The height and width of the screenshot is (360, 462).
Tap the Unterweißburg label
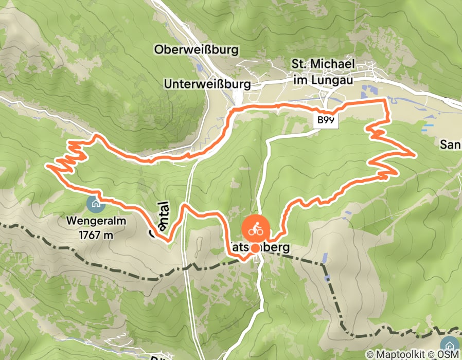207,83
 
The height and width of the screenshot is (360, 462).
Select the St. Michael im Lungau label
323,71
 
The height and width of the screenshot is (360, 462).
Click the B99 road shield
326,120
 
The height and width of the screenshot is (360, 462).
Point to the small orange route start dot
255,248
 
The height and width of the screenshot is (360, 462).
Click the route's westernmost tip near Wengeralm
47,166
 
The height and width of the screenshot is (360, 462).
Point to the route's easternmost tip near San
414,154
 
